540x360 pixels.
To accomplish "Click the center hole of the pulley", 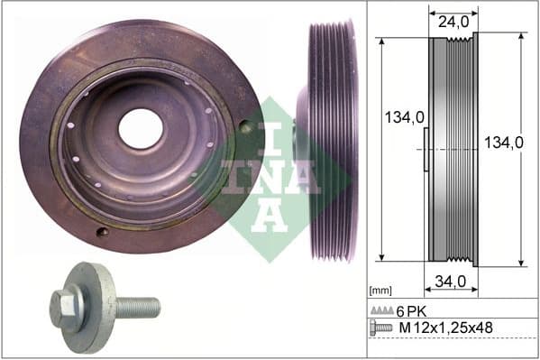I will tap(141, 128).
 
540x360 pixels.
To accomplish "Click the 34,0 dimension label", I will tap(449, 281).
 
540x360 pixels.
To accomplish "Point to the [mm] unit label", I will tap(381, 291).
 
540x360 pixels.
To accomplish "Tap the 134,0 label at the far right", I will tap(502, 142).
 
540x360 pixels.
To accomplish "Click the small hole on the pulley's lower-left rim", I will tap(102, 231).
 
